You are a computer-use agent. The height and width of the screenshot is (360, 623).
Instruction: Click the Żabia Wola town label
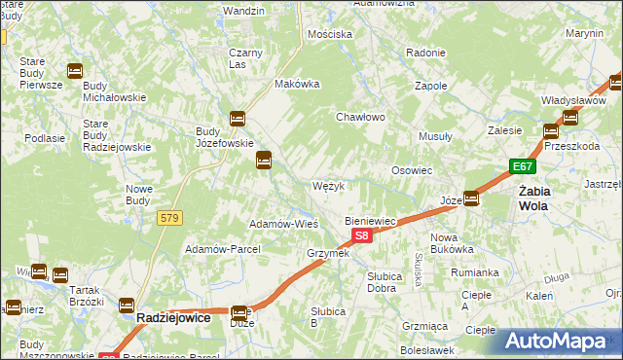pyautogui.click(x=533, y=198)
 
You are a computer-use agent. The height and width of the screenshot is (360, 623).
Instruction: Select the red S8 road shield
pyautogui.click(x=361, y=235)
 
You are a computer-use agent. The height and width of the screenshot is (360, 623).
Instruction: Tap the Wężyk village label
pyautogui.click(x=328, y=185)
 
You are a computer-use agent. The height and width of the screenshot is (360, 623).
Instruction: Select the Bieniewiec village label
pyautogui.click(x=371, y=221)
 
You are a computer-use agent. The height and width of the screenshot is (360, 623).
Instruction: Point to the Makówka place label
pyautogui.click(x=298, y=84)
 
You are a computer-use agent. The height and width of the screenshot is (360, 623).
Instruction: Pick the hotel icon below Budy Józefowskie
pyautogui.click(x=263, y=161)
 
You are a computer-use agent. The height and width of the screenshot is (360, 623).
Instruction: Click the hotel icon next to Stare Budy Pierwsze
pyautogui.click(x=74, y=70)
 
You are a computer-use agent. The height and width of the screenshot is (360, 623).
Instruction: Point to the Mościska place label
pyautogui.click(x=329, y=34)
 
